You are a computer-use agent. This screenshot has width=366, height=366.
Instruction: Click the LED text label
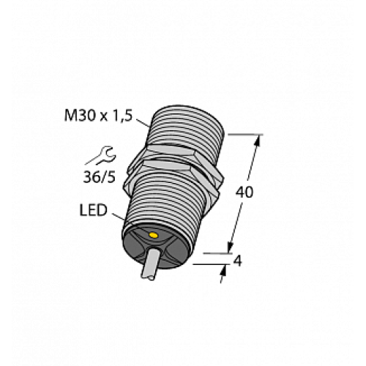[x=92, y=212]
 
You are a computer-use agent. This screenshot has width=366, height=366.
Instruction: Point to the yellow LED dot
[x=153, y=235]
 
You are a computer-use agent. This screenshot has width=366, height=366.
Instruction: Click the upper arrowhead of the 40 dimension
[x=257, y=140]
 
